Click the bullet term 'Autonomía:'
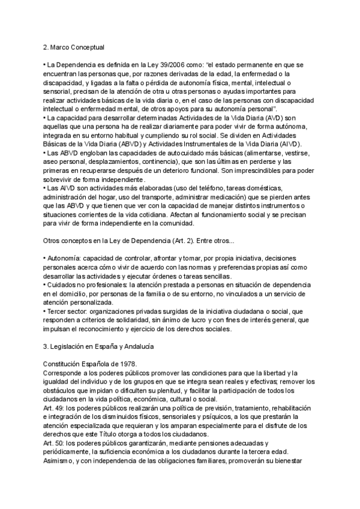65,258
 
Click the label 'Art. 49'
55,408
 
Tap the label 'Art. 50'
55,443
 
